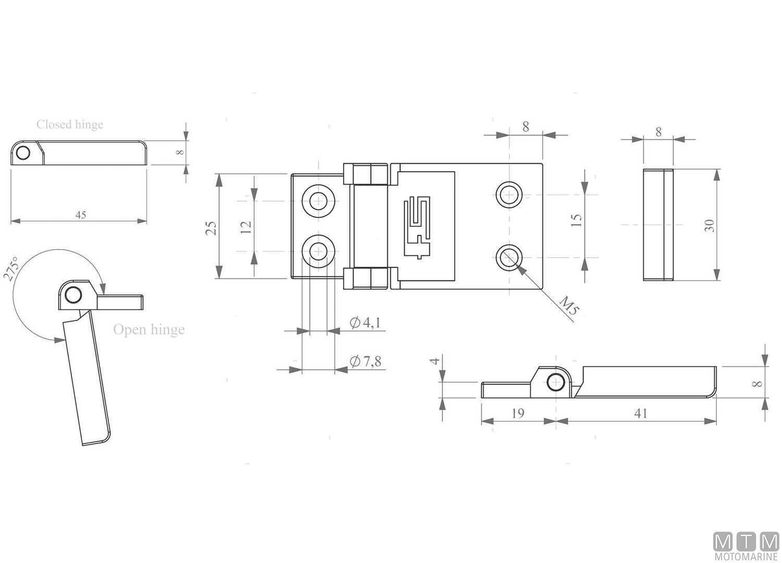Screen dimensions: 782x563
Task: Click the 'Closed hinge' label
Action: [x=70, y=125]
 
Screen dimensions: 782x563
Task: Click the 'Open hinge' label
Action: [x=149, y=329]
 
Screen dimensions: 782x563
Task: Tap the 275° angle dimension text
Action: [x=11, y=268]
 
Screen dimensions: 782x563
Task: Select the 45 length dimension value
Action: [x=81, y=214]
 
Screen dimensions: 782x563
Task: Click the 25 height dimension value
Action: [x=211, y=227]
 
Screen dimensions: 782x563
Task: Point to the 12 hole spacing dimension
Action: [x=247, y=227]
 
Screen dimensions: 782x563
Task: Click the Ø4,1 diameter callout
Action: [x=365, y=323]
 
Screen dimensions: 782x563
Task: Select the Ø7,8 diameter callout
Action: [x=365, y=361]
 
